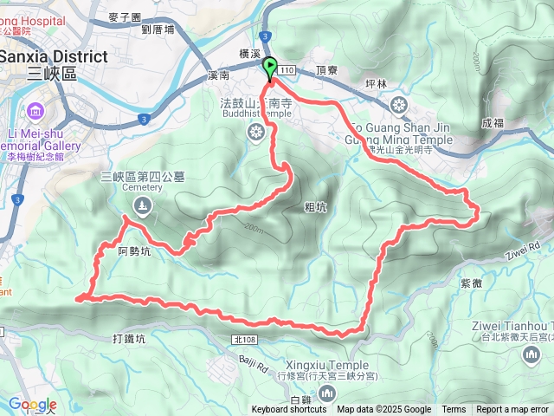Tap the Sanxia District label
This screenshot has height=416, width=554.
[x=54, y=57]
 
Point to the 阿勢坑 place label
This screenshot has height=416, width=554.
[x=134, y=252]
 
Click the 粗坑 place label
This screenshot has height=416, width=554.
[x=316, y=207]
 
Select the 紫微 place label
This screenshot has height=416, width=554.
[x=472, y=283]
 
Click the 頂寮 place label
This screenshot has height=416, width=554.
[x=327, y=69]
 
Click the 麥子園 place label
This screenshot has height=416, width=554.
[x=126, y=16]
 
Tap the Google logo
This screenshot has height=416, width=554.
[x=31, y=404]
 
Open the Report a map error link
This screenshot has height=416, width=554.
[x=512, y=410]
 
